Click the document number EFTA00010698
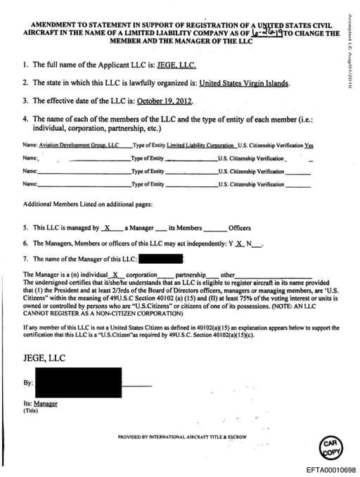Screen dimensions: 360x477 (331, 469)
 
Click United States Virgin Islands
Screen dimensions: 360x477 (243, 83)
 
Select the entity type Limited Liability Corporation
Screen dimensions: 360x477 (201, 146)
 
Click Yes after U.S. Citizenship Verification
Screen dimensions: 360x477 (309, 146)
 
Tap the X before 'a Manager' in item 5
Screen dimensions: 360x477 (108, 228)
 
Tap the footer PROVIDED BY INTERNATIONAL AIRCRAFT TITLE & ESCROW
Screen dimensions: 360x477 (182, 437)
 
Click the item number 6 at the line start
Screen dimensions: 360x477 (25, 243)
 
